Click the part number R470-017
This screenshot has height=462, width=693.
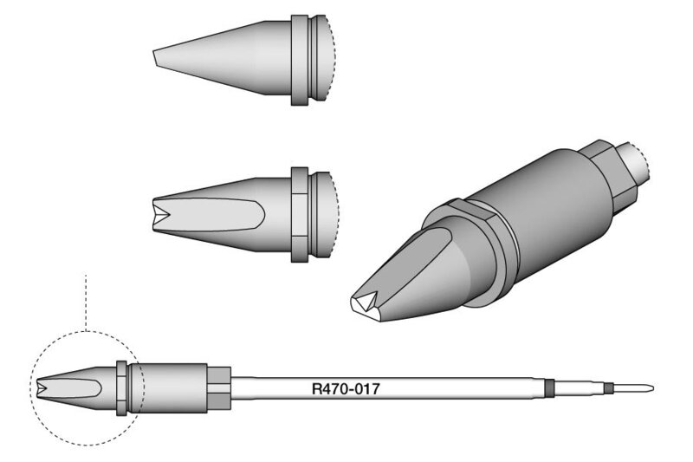click(x=346, y=389)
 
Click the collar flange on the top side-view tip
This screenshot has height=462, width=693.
click(x=299, y=60)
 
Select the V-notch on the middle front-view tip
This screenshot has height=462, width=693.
click(x=161, y=215)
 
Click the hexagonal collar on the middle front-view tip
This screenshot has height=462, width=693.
click(x=300, y=215)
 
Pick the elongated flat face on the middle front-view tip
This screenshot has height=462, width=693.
click(x=209, y=215)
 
